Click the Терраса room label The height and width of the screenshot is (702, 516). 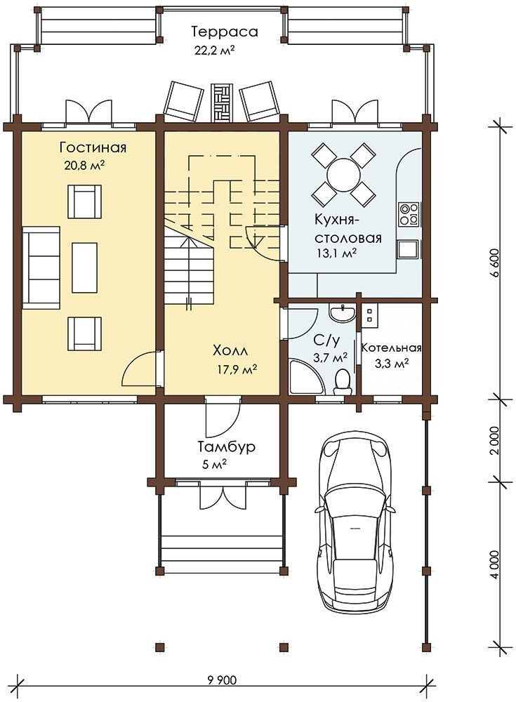225,32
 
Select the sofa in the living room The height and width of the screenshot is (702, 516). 41,267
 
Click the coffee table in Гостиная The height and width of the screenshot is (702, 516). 85,267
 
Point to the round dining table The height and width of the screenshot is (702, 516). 343,173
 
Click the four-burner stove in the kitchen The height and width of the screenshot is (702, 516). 409,214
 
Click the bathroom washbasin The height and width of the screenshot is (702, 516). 342,312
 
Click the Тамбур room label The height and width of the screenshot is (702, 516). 227,446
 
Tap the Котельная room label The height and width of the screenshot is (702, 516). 392,348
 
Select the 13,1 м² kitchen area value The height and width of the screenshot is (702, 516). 336,253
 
